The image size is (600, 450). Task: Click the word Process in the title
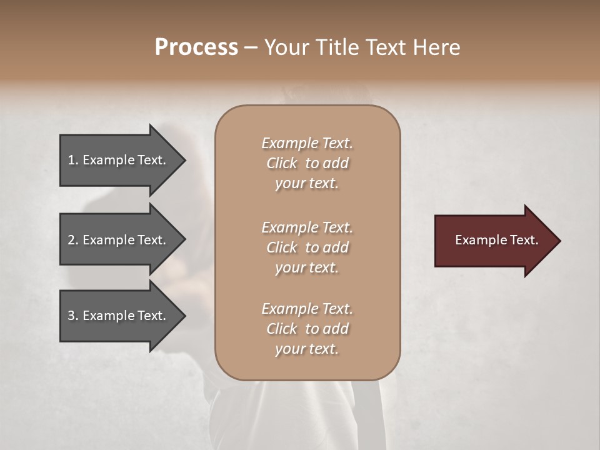(196, 47)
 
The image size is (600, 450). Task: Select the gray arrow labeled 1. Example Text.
(119, 160)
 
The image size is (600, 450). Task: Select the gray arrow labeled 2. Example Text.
(119, 240)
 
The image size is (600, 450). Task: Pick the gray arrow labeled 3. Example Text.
(119, 316)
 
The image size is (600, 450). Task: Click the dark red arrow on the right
(494, 241)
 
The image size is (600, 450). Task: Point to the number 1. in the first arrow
(73, 160)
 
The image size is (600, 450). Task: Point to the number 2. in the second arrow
(73, 240)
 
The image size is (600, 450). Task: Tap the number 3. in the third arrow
(73, 316)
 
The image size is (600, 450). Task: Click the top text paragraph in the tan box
(307, 163)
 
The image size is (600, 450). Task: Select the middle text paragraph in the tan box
(307, 247)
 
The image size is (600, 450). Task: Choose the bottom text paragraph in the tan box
(307, 329)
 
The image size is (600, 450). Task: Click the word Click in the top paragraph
(282, 163)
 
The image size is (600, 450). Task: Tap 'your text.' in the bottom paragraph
(307, 349)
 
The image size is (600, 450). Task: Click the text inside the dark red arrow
(496, 240)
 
